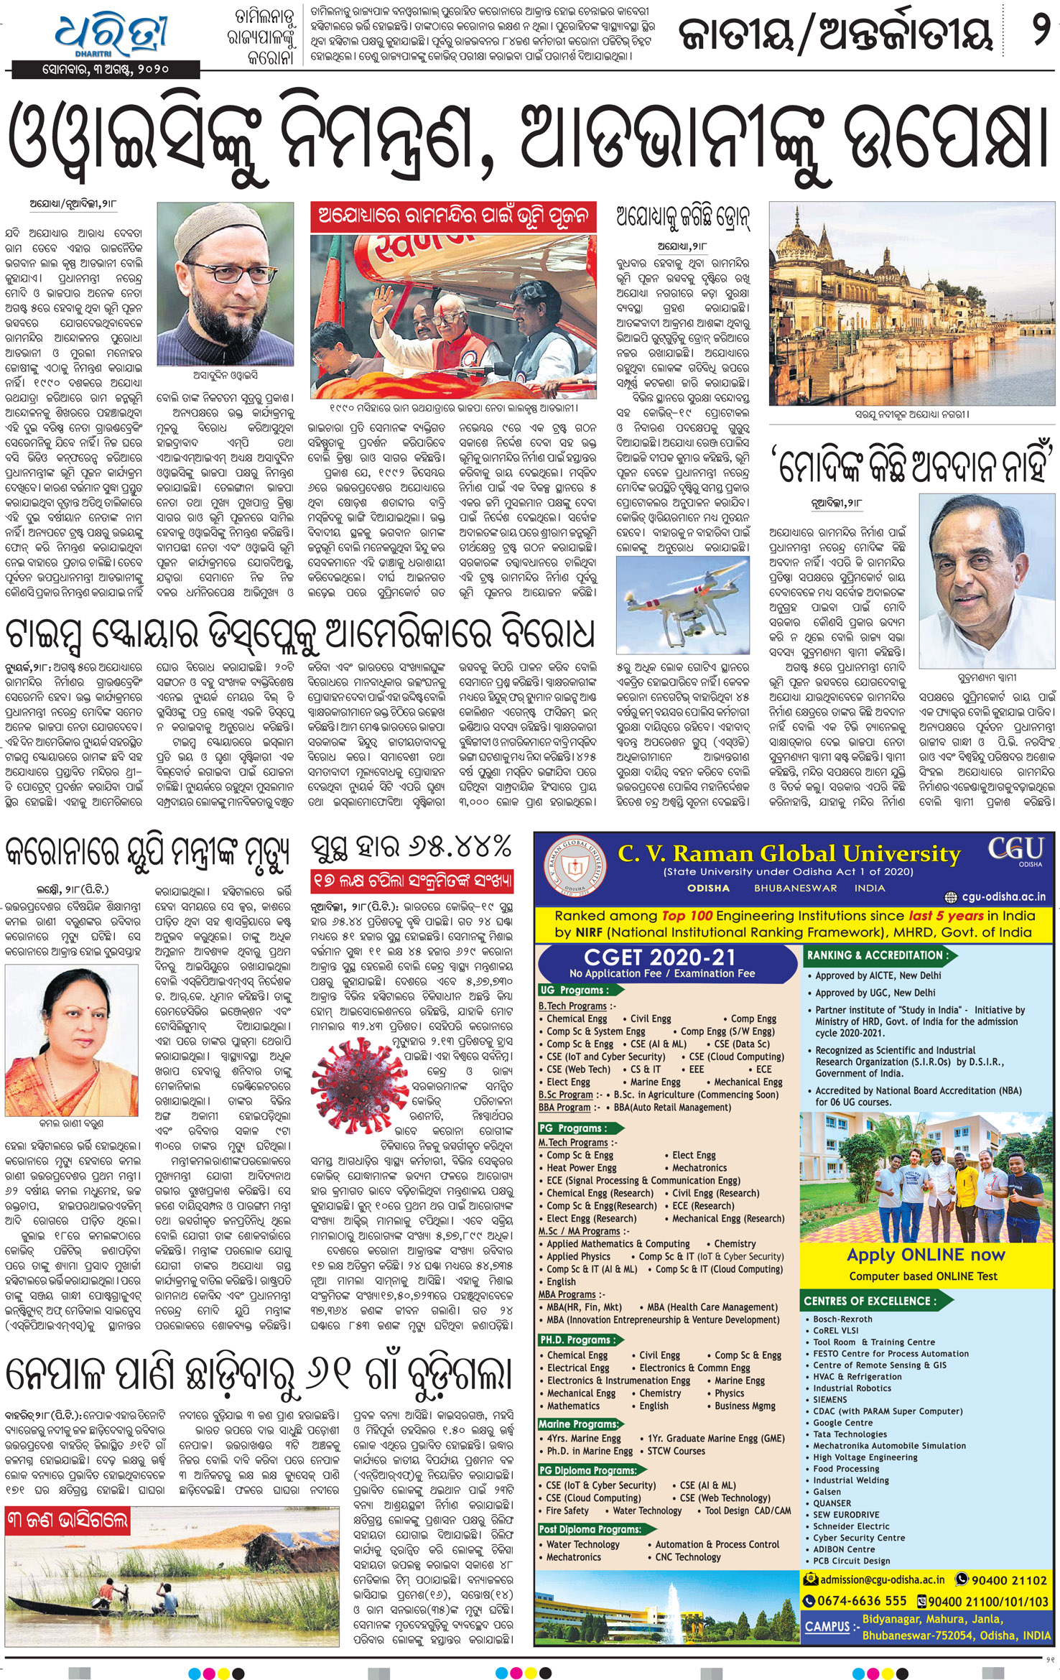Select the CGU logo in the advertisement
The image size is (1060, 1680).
(x=1015, y=851)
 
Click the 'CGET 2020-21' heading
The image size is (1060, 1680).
(x=659, y=957)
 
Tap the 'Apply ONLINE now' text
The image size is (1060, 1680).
(x=925, y=1255)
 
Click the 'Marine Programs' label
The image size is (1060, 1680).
(x=578, y=1424)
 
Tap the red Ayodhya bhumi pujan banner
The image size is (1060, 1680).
(x=453, y=216)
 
